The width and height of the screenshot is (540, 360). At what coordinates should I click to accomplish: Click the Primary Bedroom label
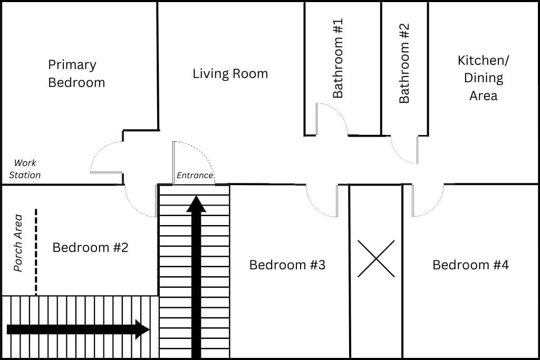pos(76,74)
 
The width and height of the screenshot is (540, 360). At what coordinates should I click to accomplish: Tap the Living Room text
pos(230,74)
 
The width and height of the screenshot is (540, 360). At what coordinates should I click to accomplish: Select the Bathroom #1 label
pos(338,58)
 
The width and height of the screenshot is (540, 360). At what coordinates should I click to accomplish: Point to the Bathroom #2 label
pos(404,63)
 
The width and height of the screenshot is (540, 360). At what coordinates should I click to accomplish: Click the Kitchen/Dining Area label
pos(483,78)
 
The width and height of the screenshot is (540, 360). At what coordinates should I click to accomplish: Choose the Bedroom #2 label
pos(90,247)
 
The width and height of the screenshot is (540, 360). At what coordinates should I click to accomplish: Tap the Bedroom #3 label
pos(287,265)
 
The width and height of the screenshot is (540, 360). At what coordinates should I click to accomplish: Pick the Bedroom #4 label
pos(470,265)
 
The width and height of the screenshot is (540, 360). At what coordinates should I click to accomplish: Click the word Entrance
pos(195,176)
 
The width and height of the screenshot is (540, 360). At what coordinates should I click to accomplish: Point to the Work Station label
pos(25,169)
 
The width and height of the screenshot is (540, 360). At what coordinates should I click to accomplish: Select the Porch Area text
pos(18,243)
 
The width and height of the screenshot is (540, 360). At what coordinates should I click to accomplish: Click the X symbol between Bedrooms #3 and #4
pos(376,258)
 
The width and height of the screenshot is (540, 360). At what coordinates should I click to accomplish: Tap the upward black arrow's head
pos(196,204)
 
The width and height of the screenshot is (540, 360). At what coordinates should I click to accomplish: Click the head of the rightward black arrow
pos(142,329)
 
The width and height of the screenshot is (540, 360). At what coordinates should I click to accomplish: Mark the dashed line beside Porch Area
pos(36,251)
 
